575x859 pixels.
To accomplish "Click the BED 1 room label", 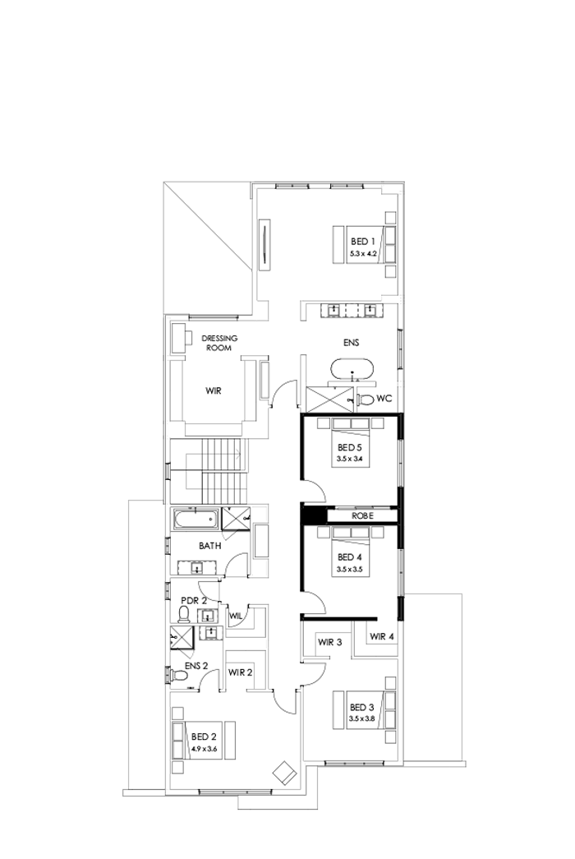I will coord(362,241).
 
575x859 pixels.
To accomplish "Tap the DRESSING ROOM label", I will coord(219,343).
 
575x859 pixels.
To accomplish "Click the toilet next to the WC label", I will coord(366,399).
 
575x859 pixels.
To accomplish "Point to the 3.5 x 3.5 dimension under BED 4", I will coord(349,569).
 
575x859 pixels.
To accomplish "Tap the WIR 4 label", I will coord(383,636).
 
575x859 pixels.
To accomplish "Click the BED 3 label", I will coord(361,707).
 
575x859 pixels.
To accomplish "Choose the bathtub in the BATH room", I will coord(195,520).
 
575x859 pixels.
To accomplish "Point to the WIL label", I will coord(236,615).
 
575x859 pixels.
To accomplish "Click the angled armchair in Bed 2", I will coord(284,772).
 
